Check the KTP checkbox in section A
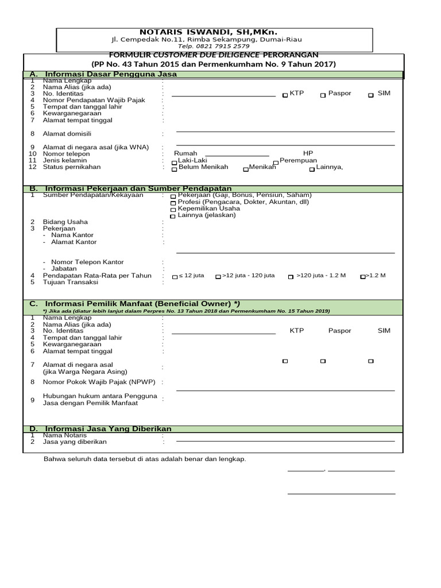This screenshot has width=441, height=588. click(x=285, y=95)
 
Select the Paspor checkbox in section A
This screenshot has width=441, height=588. click(x=323, y=95)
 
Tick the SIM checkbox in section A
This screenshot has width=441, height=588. click(x=371, y=95)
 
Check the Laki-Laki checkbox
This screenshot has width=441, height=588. click(x=175, y=163)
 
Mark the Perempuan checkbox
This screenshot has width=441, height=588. click(x=276, y=163)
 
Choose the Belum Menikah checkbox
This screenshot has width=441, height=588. click(x=175, y=169)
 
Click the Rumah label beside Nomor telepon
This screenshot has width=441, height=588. click(x=185, y=153)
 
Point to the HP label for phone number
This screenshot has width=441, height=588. click(x=308, y=153)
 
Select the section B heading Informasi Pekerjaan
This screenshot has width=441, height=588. click(x=138, y=188)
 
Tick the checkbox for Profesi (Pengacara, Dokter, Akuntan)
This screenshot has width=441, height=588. click(x=173, y=203)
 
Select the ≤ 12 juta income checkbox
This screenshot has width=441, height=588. click(x=175, y=277)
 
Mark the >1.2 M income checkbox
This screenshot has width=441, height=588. click(x=363, y=277)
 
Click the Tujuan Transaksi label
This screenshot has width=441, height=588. click(x=71, y=282)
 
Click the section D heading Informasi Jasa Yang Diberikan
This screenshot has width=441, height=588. click(x=108, y=429)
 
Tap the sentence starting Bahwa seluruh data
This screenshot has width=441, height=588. click(x=145, y=459)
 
